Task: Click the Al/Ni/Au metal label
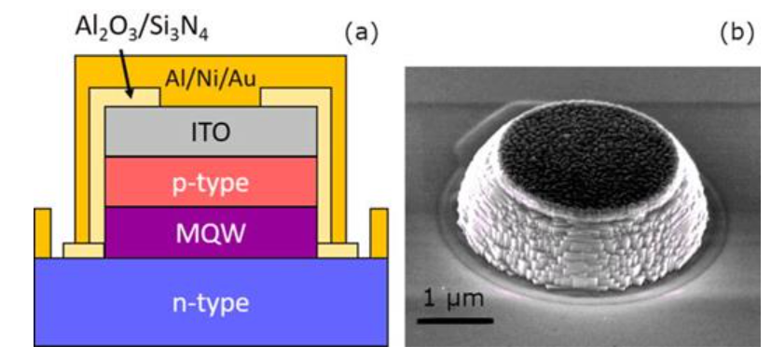click(212, 78)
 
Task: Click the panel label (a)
click(360, 34)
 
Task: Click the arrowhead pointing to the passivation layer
click(132, 95)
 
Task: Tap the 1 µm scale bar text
click(454, 304)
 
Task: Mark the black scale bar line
click(454, 322)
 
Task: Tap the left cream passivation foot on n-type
click(84, 250)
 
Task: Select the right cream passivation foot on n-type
click(337, 250)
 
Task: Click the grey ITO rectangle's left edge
click(106, 132)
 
